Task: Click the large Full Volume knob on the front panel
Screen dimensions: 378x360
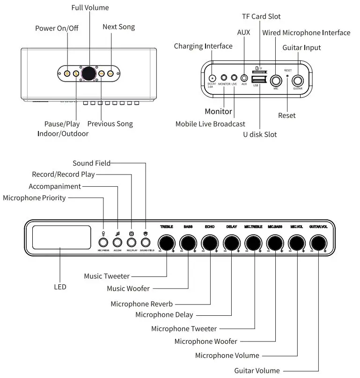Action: (89, 73)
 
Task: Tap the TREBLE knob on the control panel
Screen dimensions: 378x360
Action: (166, 243)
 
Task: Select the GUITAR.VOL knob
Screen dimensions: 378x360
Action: (318, 243)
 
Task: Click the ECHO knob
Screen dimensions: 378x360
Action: (210, 243)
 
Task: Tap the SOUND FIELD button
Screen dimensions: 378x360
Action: (146, 242)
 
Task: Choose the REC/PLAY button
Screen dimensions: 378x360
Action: (132, 242)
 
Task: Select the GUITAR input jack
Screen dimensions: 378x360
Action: (298, 79)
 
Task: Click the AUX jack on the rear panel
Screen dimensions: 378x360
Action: (244, 78)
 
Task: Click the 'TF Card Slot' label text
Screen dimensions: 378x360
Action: (261, 16)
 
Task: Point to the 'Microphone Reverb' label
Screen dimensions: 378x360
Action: (141, 304)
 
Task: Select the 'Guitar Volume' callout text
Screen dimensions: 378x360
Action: (257, 371)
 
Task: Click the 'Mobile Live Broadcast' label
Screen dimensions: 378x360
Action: (210, 124)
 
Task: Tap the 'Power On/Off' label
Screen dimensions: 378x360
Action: (57, 28)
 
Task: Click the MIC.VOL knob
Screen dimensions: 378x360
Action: (296, 243)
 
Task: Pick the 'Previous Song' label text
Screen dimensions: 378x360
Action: (110, 124)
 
